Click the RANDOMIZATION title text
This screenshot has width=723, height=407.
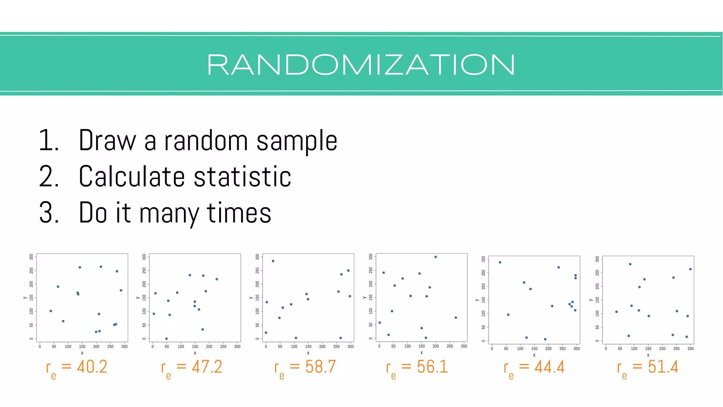point(361,65)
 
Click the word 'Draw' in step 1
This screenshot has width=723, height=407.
point(107,141)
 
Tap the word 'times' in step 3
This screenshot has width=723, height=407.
point(239,213)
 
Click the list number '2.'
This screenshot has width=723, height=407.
point(49,177)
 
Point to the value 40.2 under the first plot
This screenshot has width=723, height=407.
point(92,367)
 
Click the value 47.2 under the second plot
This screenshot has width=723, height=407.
point(207,367)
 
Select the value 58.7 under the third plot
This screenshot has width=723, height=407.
point(321,367)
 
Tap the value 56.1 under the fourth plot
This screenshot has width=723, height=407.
point(432,367)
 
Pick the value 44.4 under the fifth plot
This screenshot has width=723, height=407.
point(549,367)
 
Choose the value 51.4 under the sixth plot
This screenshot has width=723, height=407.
point(663,367)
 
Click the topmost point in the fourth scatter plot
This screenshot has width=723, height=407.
point(436,257)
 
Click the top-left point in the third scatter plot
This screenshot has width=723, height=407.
point(273,261)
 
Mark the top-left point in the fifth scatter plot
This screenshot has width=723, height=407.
point(500,262)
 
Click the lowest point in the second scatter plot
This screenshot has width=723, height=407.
point(166,338)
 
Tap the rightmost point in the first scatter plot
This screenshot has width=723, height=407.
point(121,290)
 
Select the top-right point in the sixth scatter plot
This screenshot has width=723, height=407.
point(690,269)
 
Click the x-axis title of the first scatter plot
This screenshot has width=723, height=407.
point(82,353)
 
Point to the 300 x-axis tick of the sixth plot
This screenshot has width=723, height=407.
point(690,349)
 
